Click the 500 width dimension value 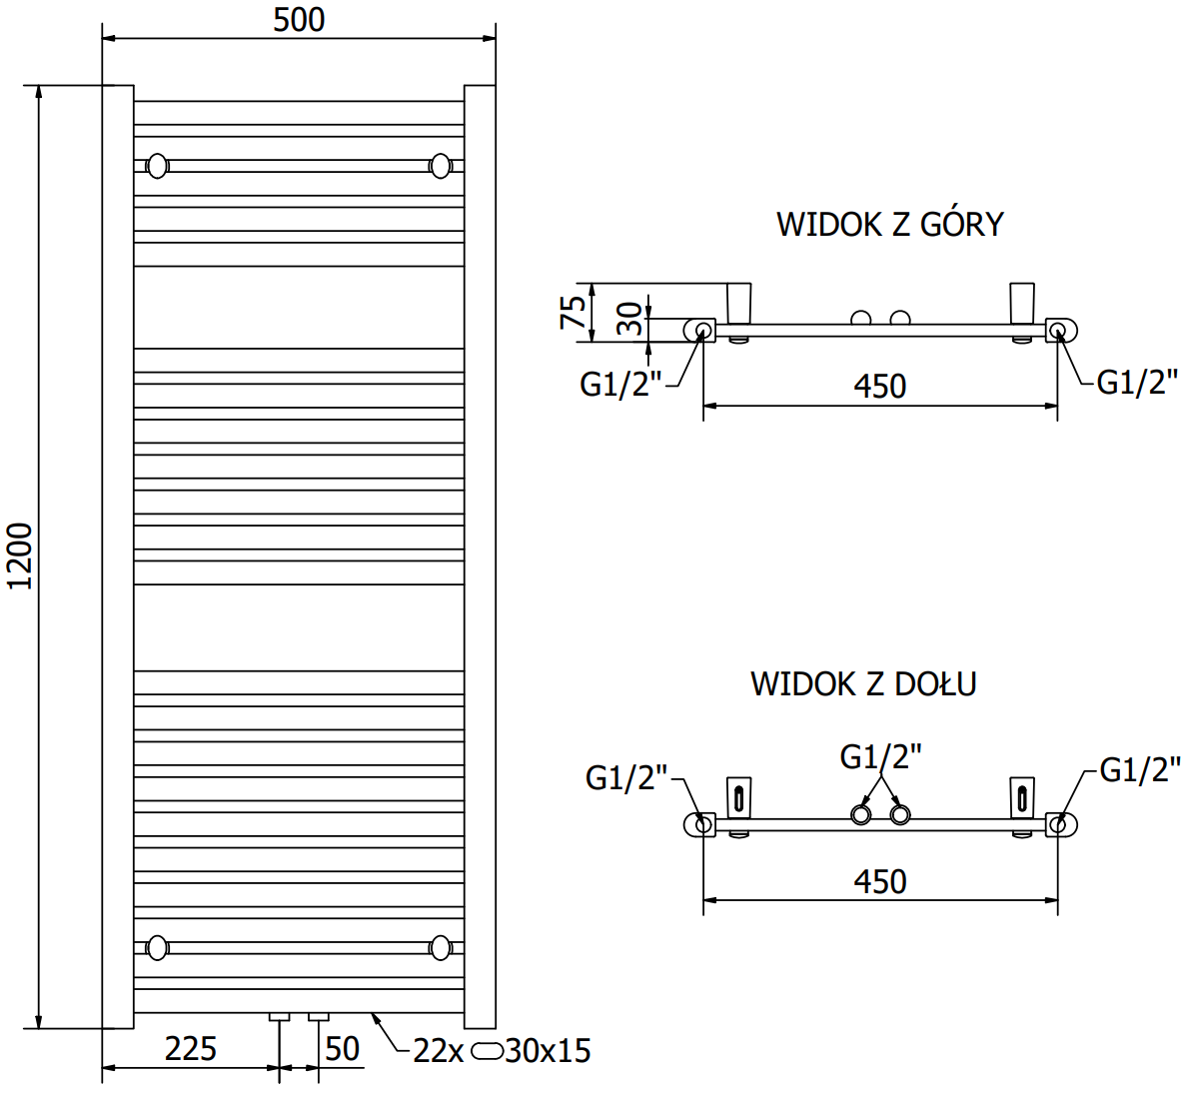click(299, 20)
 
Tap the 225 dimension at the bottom click(190, 1048)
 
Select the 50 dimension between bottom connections click(342, 1048)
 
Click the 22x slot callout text click(439, 1051)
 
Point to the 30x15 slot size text click(548, 1051)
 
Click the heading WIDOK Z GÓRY click(889, 224)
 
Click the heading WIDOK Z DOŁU click(863, 684)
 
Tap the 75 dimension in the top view click(574, 313)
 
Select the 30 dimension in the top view click(629, 319)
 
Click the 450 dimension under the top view click(879, 387)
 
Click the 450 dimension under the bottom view click(880, 881)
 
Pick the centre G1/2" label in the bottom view click(880, 756)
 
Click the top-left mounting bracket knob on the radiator click(157, 165)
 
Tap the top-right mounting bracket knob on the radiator click(441, 165)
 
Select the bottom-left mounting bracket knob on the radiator click(157, 946)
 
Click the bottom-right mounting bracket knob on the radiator click(441, 946)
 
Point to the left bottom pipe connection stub click(280, 1017)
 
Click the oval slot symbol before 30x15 click(488, 1051)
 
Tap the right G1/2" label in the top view click(1137, 382)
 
